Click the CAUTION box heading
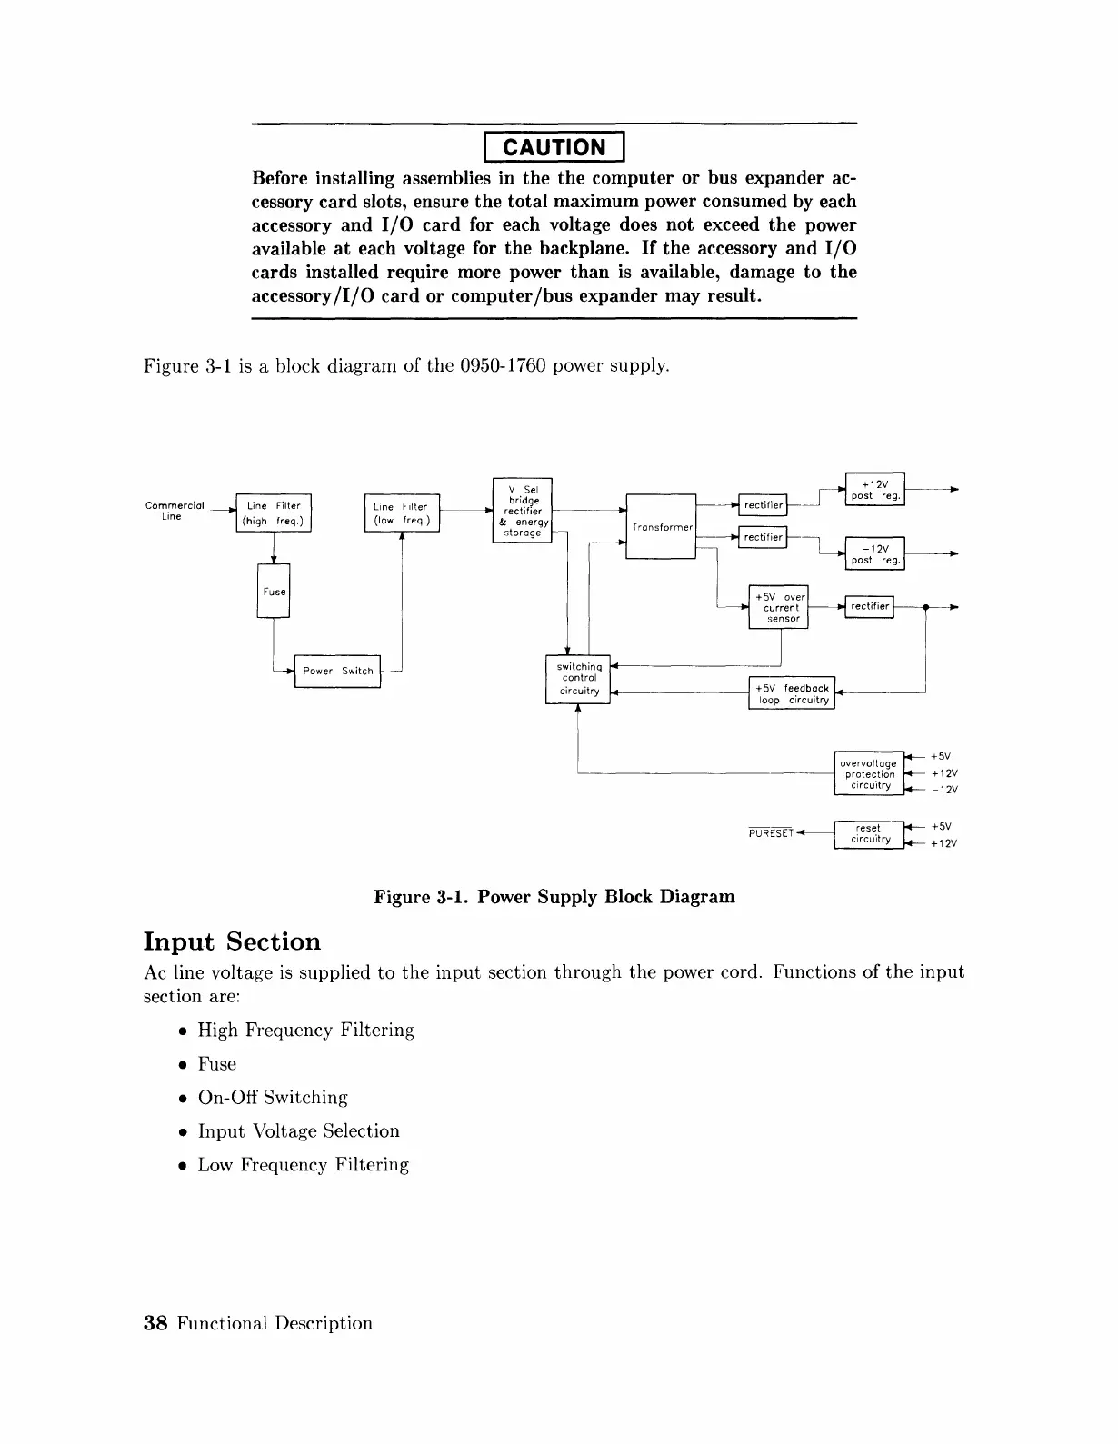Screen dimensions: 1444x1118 [554, 146]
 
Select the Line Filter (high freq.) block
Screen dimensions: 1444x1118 [274, 513]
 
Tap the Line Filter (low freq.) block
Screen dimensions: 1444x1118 [401, 513]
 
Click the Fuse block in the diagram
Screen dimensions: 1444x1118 [274, 591]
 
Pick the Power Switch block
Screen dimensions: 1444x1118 [337, 671]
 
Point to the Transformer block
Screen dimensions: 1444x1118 [662, 527]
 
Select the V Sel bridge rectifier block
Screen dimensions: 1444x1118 [522, 510]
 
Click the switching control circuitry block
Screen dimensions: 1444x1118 [578, 678]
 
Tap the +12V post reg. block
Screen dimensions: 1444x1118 [874, 490]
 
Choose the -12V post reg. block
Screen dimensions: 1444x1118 [874, 553]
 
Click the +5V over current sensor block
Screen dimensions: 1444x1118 [779, 607]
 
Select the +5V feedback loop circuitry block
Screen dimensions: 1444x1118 [792, 693]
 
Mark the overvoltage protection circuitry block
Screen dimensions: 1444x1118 [869, 773]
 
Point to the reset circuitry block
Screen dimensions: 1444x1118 [869, 833]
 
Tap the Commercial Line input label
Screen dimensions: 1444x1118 [174, 511]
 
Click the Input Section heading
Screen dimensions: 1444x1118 [233, 941]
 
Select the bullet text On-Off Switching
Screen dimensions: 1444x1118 [273, 1098]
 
